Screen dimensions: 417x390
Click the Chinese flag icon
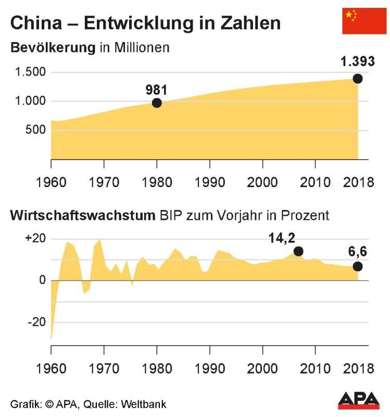[364, 21]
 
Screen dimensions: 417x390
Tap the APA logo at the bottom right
[359, 400]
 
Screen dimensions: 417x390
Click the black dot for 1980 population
[157, 103]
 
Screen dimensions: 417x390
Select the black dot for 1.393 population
[358, 79]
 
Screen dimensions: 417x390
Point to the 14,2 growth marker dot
[298, 251]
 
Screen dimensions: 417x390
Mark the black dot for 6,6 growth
[358, 266]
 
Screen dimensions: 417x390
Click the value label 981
[156, 90]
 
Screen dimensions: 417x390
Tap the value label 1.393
[357, 62]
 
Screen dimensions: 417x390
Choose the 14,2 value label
[282, 238]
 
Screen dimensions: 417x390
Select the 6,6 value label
[358, 253]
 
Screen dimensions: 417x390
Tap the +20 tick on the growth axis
[35, 239]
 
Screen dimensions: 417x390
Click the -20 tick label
[36, 322]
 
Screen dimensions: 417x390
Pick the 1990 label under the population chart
[209, 182]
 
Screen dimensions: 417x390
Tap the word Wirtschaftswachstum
[81, 215]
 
